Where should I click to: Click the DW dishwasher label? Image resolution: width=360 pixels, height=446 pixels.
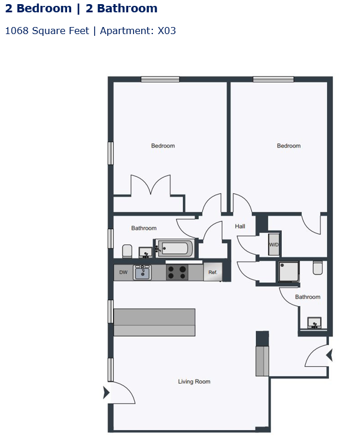tap(123, 273)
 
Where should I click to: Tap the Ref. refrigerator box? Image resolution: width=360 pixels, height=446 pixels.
tap(213, 273)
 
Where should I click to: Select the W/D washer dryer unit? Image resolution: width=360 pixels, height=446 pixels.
tap(274, 244)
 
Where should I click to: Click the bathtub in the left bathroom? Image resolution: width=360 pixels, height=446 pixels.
tap(174, 249)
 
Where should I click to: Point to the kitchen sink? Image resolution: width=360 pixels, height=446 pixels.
tap(142, 273)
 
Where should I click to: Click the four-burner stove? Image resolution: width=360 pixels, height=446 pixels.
tap(177, 273)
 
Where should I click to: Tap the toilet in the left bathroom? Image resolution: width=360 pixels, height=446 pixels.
tap(127, 251)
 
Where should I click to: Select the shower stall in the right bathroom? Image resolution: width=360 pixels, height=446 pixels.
tap(289, 271)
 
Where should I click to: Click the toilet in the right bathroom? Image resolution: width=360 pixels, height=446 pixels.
tap(318, 269)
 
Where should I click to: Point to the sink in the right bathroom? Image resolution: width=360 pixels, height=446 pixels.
tap(315, 323)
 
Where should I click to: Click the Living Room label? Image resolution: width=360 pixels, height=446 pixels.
tap(194, 382)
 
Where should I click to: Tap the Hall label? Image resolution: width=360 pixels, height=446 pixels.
tap(240, 226)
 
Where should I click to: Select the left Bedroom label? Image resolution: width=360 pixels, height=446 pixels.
tap(163, 146)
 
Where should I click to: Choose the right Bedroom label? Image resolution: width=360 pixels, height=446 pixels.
tap(289, 146)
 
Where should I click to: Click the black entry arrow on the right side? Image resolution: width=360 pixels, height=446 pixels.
tap(329, 355)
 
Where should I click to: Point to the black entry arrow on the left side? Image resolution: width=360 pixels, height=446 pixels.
tap(106, 393)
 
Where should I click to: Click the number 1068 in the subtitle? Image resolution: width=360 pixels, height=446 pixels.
tap(16, 31)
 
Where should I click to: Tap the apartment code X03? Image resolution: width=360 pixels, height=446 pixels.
tap(166, 31)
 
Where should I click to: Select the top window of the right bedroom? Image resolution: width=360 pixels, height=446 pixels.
tap(274, 79)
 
